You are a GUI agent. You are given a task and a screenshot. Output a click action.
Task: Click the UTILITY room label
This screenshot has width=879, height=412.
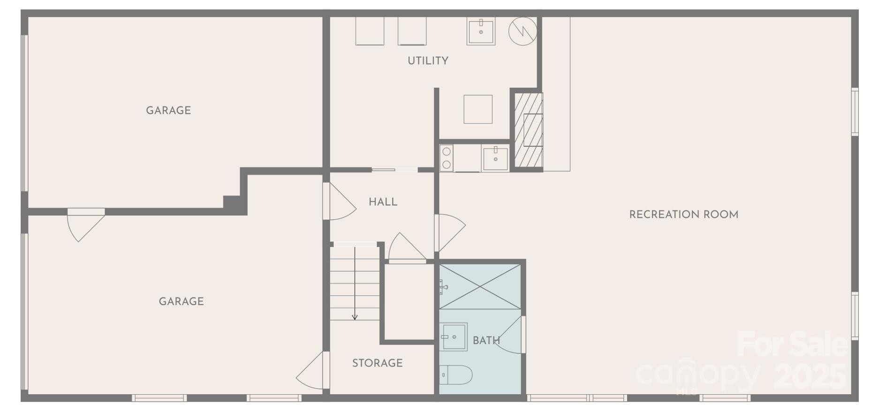(427, 60)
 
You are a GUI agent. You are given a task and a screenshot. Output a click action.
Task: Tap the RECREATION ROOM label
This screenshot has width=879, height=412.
(683, 215)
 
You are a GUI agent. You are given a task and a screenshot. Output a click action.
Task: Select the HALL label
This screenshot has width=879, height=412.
(383, 202)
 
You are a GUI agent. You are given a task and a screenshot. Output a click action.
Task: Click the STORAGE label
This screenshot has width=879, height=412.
(377, 363)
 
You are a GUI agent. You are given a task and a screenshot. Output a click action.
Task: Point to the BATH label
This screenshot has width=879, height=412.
(485, 341)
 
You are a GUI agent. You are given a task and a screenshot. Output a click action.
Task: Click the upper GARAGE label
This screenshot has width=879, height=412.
(168, 111)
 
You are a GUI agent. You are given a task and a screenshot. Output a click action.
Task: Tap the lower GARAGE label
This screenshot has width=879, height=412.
(181, 301)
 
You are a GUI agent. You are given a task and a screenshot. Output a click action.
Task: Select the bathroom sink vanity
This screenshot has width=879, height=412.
(454, 337)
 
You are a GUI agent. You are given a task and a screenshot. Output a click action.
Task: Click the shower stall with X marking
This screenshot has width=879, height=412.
(480, 286)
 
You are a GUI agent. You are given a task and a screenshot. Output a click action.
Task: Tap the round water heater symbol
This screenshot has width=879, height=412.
(523, 31)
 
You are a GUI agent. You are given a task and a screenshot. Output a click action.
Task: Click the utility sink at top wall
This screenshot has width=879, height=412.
(481, 31)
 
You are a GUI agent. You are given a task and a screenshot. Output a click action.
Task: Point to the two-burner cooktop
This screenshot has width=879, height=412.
(446, 158)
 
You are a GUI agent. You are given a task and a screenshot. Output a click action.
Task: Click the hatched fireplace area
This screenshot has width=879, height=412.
(529, 130)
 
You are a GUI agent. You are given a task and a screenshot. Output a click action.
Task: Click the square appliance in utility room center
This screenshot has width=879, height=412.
(477, 109)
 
